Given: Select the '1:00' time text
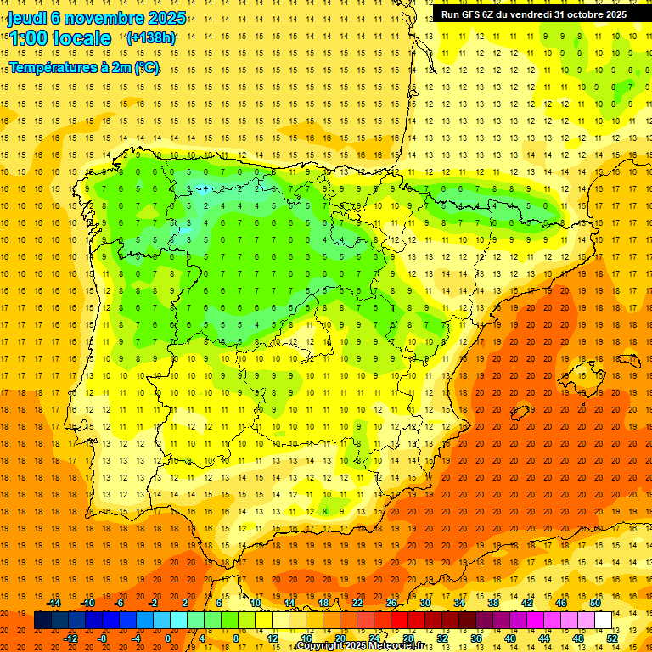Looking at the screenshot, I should coord(28,38).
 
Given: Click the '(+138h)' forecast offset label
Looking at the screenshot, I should coord(150,37).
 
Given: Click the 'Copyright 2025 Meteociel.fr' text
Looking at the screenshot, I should coord(360,646).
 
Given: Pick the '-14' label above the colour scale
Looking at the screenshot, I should coord(54,602).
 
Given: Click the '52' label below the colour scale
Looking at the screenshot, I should coord(612,638).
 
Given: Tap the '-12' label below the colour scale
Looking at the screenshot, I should coord(71,638).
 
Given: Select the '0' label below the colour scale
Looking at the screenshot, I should coord(168,638).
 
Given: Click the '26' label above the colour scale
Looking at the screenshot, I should coord(391,602).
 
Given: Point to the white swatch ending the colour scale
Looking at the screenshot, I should coord(604,621).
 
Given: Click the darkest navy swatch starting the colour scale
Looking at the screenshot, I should coord(42,621).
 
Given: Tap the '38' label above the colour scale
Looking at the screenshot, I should coord(492,602).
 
